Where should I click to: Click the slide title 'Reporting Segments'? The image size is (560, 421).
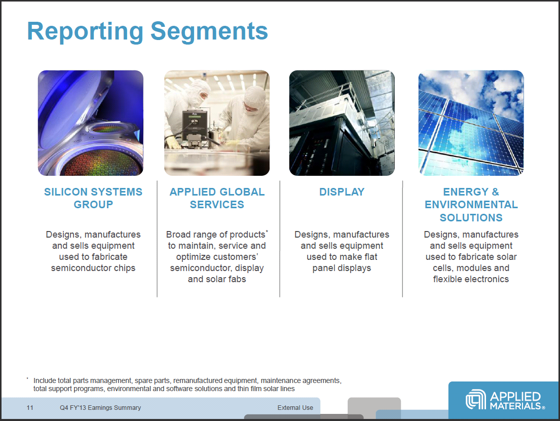click(x=147, y=31)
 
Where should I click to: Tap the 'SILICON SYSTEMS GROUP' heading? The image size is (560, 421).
click(x=93, y=198)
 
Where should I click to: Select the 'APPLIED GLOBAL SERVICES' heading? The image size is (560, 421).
click(x=217, y=198)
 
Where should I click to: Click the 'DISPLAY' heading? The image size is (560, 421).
click(x=342, y=192)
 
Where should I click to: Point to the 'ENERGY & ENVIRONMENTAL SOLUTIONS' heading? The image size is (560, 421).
click(x=471, y=205)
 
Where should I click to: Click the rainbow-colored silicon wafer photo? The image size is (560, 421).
click(x=91, y=123)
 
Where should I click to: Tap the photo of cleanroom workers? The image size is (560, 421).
click(x=217, y=123)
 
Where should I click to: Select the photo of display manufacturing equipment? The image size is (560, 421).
click(x=342, y=123)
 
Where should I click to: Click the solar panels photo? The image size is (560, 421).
click(x=471, y=123)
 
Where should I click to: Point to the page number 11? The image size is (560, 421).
click(x=30, y=408)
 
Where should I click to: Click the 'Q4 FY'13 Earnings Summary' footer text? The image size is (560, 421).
click(x=100, y=408)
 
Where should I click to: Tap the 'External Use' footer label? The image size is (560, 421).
click(x=295, y=408)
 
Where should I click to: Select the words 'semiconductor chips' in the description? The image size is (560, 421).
click(x=93, y=268)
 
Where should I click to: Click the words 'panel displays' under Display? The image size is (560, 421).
click(x=342, y=268)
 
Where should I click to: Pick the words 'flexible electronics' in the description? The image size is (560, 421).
click(x=471, y=279)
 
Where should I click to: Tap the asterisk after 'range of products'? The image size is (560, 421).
click(x=267, y=232)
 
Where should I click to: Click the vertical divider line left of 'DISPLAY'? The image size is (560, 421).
click(x=280, y=238)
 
